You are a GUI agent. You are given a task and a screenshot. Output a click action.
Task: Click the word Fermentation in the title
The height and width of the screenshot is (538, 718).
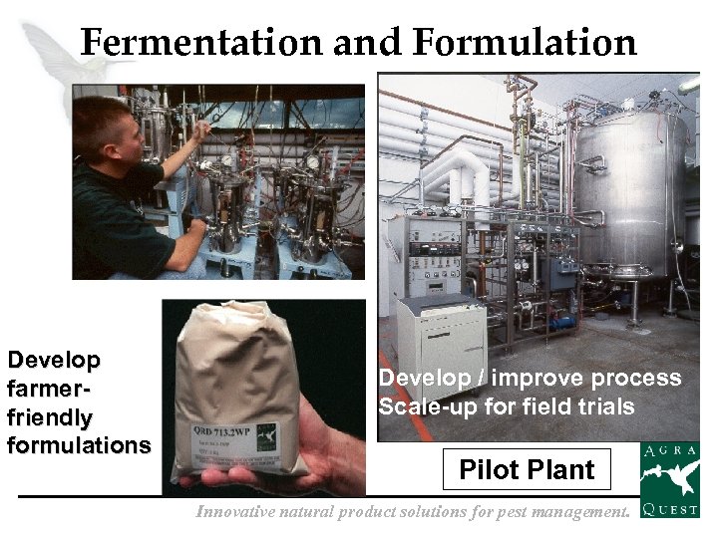pos(200,43)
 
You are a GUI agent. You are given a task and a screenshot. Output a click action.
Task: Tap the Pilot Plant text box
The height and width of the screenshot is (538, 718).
pos(527,469)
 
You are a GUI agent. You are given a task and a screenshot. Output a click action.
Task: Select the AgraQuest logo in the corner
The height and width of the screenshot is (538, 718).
pos(669,480)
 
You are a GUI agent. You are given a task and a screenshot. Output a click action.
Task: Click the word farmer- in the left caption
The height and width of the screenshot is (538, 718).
pos(50,389)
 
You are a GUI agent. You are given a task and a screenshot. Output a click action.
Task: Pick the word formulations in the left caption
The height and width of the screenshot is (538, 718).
pos(79,445)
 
